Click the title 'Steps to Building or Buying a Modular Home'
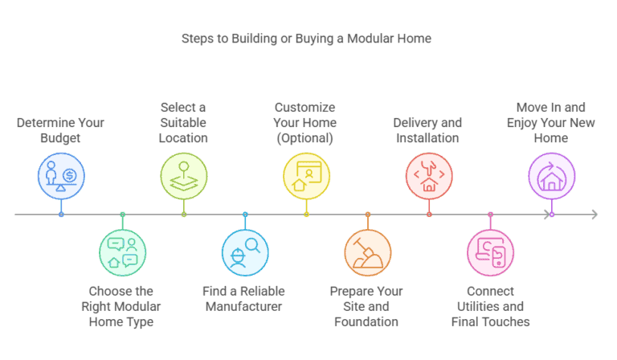306,39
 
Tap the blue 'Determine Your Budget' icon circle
61,175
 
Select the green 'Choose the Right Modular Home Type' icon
122,253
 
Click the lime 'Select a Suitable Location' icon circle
184,175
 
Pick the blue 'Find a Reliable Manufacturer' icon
245,253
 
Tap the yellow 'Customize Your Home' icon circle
306,175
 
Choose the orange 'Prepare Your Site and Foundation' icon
367,253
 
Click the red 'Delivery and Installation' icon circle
429,175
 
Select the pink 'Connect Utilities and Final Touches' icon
490,253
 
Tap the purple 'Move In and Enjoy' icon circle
551,175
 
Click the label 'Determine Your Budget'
61,130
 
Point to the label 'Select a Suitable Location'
184,122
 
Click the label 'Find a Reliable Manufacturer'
245,298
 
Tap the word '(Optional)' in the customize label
305,138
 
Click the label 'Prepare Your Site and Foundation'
366,306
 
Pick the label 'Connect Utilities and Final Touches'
490,306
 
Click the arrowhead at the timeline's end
595,215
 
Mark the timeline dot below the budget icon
61,215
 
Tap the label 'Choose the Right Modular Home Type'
121,306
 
